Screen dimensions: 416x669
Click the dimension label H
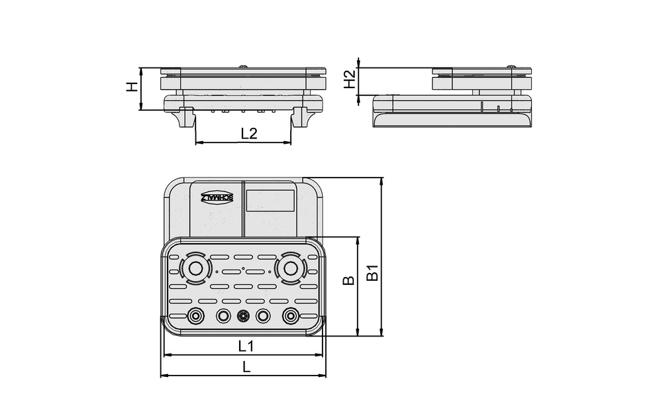coord(132,87)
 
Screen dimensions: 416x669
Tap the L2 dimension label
coord(249,133)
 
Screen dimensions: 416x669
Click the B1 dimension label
coord(373,272)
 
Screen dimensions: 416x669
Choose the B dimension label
coord(348,280)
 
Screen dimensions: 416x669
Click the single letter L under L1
coord(246,367)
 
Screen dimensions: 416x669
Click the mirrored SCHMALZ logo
coord(217,197)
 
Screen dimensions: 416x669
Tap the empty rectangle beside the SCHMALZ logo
coord(270,200)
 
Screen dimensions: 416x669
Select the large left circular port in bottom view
coord(195,269)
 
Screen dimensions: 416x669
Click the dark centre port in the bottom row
coord(243,316)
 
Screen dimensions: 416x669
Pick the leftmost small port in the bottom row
coord(195,316)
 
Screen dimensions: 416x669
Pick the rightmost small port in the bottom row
coord(289,316)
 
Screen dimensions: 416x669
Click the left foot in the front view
coord(184,117)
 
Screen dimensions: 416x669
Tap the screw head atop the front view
coord(244,66)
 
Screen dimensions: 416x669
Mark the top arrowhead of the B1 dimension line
coord(381,181)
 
